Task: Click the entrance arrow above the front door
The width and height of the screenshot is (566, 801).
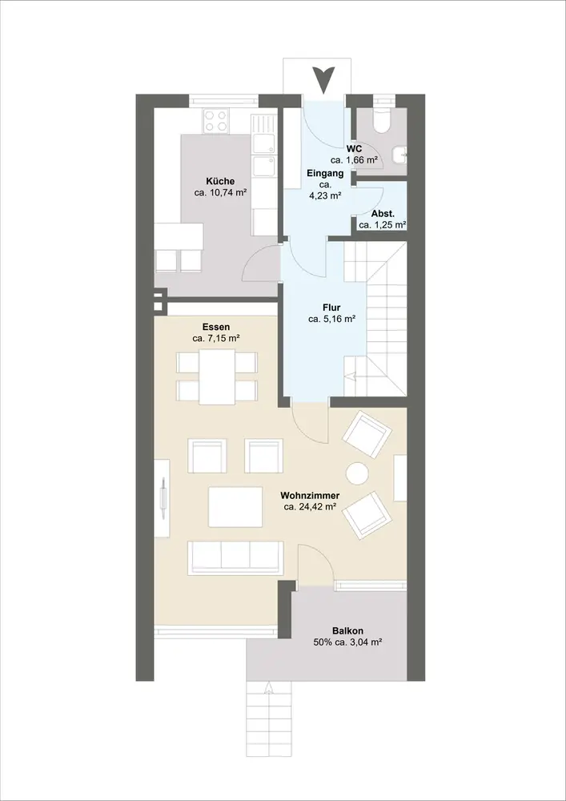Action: [x=323, y=79]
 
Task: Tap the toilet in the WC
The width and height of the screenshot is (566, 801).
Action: [x=381, y=120]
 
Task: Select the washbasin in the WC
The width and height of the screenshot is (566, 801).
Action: [x=400, y=153]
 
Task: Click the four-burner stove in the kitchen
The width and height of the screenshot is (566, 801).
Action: [x=215, y=122]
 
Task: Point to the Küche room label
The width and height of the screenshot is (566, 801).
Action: [x=220, y=181]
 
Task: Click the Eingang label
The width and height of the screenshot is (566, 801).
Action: [x=325, y=174]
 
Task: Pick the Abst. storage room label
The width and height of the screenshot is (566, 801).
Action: [x=382, y=214]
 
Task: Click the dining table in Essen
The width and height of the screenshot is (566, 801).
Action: [x=217, y=376]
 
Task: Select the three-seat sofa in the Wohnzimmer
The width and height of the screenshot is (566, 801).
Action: [x=236, y=557]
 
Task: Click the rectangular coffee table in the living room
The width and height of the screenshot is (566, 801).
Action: [x=235, y=506]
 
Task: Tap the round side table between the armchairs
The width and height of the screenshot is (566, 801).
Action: [x=357, y=473]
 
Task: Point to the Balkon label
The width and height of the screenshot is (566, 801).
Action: [x=348, y=631]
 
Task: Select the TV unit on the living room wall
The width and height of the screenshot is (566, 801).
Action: [x=162, y=498]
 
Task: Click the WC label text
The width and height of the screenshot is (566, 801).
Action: [x=354, y=149]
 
